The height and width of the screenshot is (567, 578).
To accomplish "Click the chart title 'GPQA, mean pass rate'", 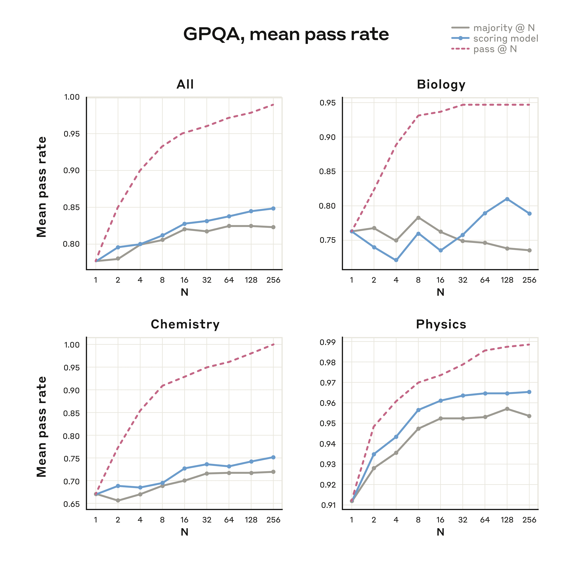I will [x=286, y=34].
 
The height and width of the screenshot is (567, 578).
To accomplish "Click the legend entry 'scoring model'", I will [x=505, y=38].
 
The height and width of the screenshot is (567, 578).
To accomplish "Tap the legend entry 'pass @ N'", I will [x=495, y=49].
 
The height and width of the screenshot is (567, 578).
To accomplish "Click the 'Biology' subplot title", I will [x=441, y=85].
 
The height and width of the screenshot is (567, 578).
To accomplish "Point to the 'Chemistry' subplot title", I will [x=185, y=324].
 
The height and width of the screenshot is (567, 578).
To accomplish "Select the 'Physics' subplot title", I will [x=441, y=324].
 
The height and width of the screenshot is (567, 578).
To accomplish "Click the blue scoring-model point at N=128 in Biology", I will [x=507, y=199].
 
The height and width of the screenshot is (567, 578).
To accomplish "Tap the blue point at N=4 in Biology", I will [x=396, y=260].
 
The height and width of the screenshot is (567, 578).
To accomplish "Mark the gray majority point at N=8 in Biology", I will [x=418, y=218].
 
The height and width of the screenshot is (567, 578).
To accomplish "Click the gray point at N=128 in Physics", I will [x=507, y=409].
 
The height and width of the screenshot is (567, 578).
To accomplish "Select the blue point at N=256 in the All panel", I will [x=273, y=208].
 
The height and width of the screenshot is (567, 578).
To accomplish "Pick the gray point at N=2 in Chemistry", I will [x=118, y=501].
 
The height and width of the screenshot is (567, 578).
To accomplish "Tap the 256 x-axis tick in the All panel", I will [x=273, y=280].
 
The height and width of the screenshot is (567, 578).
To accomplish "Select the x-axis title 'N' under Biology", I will [x=440, y=292].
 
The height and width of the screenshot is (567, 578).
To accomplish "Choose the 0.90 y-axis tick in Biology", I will [x=327, y=137].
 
